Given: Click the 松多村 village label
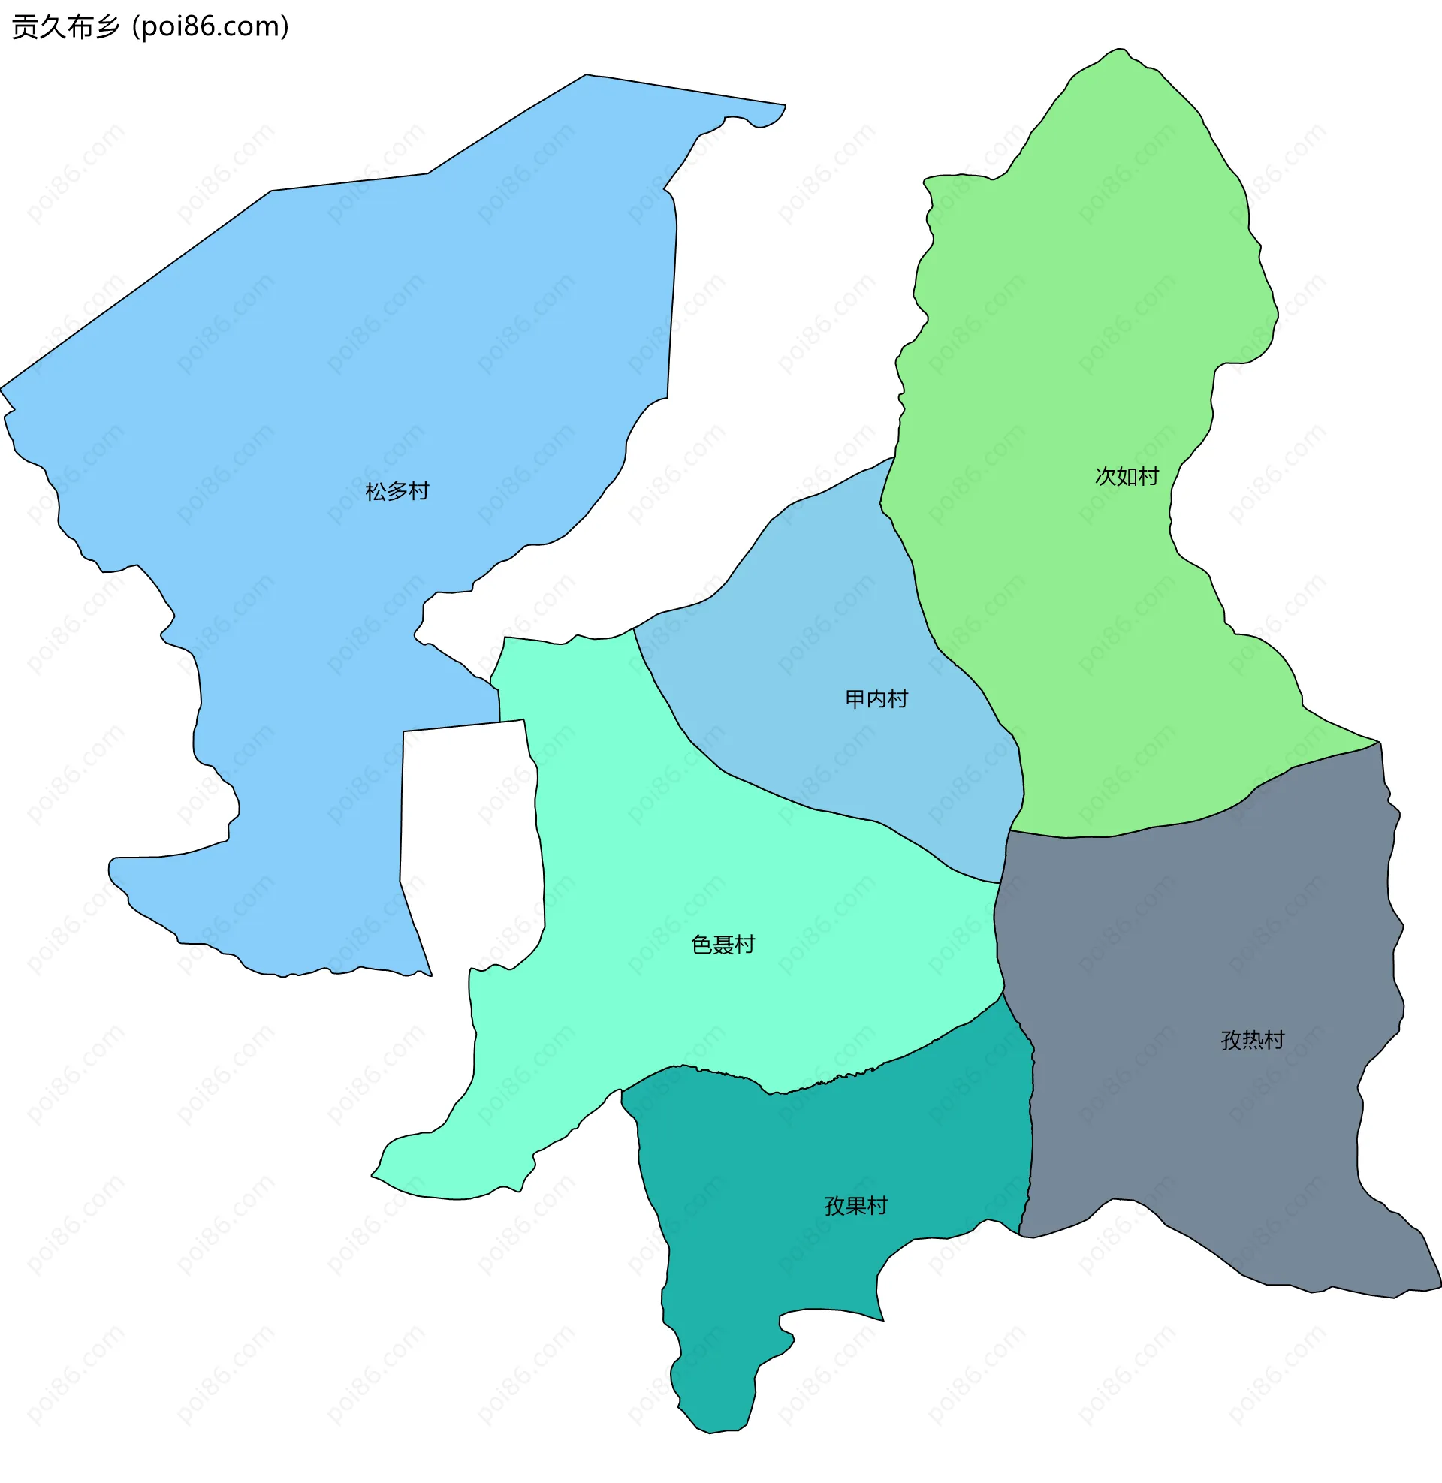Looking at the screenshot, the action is pyautogui.click(x=397, y=492).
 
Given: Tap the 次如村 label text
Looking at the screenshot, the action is pyautogui.click(x=1126, y=477).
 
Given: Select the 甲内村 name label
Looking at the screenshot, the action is pyautogui.click(x=876, y=699).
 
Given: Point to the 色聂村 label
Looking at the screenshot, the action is pyautogui.click(x=723, y=945).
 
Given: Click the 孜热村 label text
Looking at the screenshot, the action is pyautogui.click(x=1252, y=1040).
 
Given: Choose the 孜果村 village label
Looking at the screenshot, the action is pyautogui.click(x=855, y=1206).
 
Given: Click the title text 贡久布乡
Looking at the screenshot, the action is pyautogui.click(x=66, y=27).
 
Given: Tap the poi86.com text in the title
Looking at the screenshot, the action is pyautogui.click(x=210, y=27).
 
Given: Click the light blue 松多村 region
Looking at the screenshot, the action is pyautogui.click(x=341, y=341).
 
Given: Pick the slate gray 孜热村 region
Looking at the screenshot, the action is pyautogui.click(x=1211, y=946).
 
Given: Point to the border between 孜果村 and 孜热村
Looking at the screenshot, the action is pyautogui.click(x=1031, y=1135).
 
